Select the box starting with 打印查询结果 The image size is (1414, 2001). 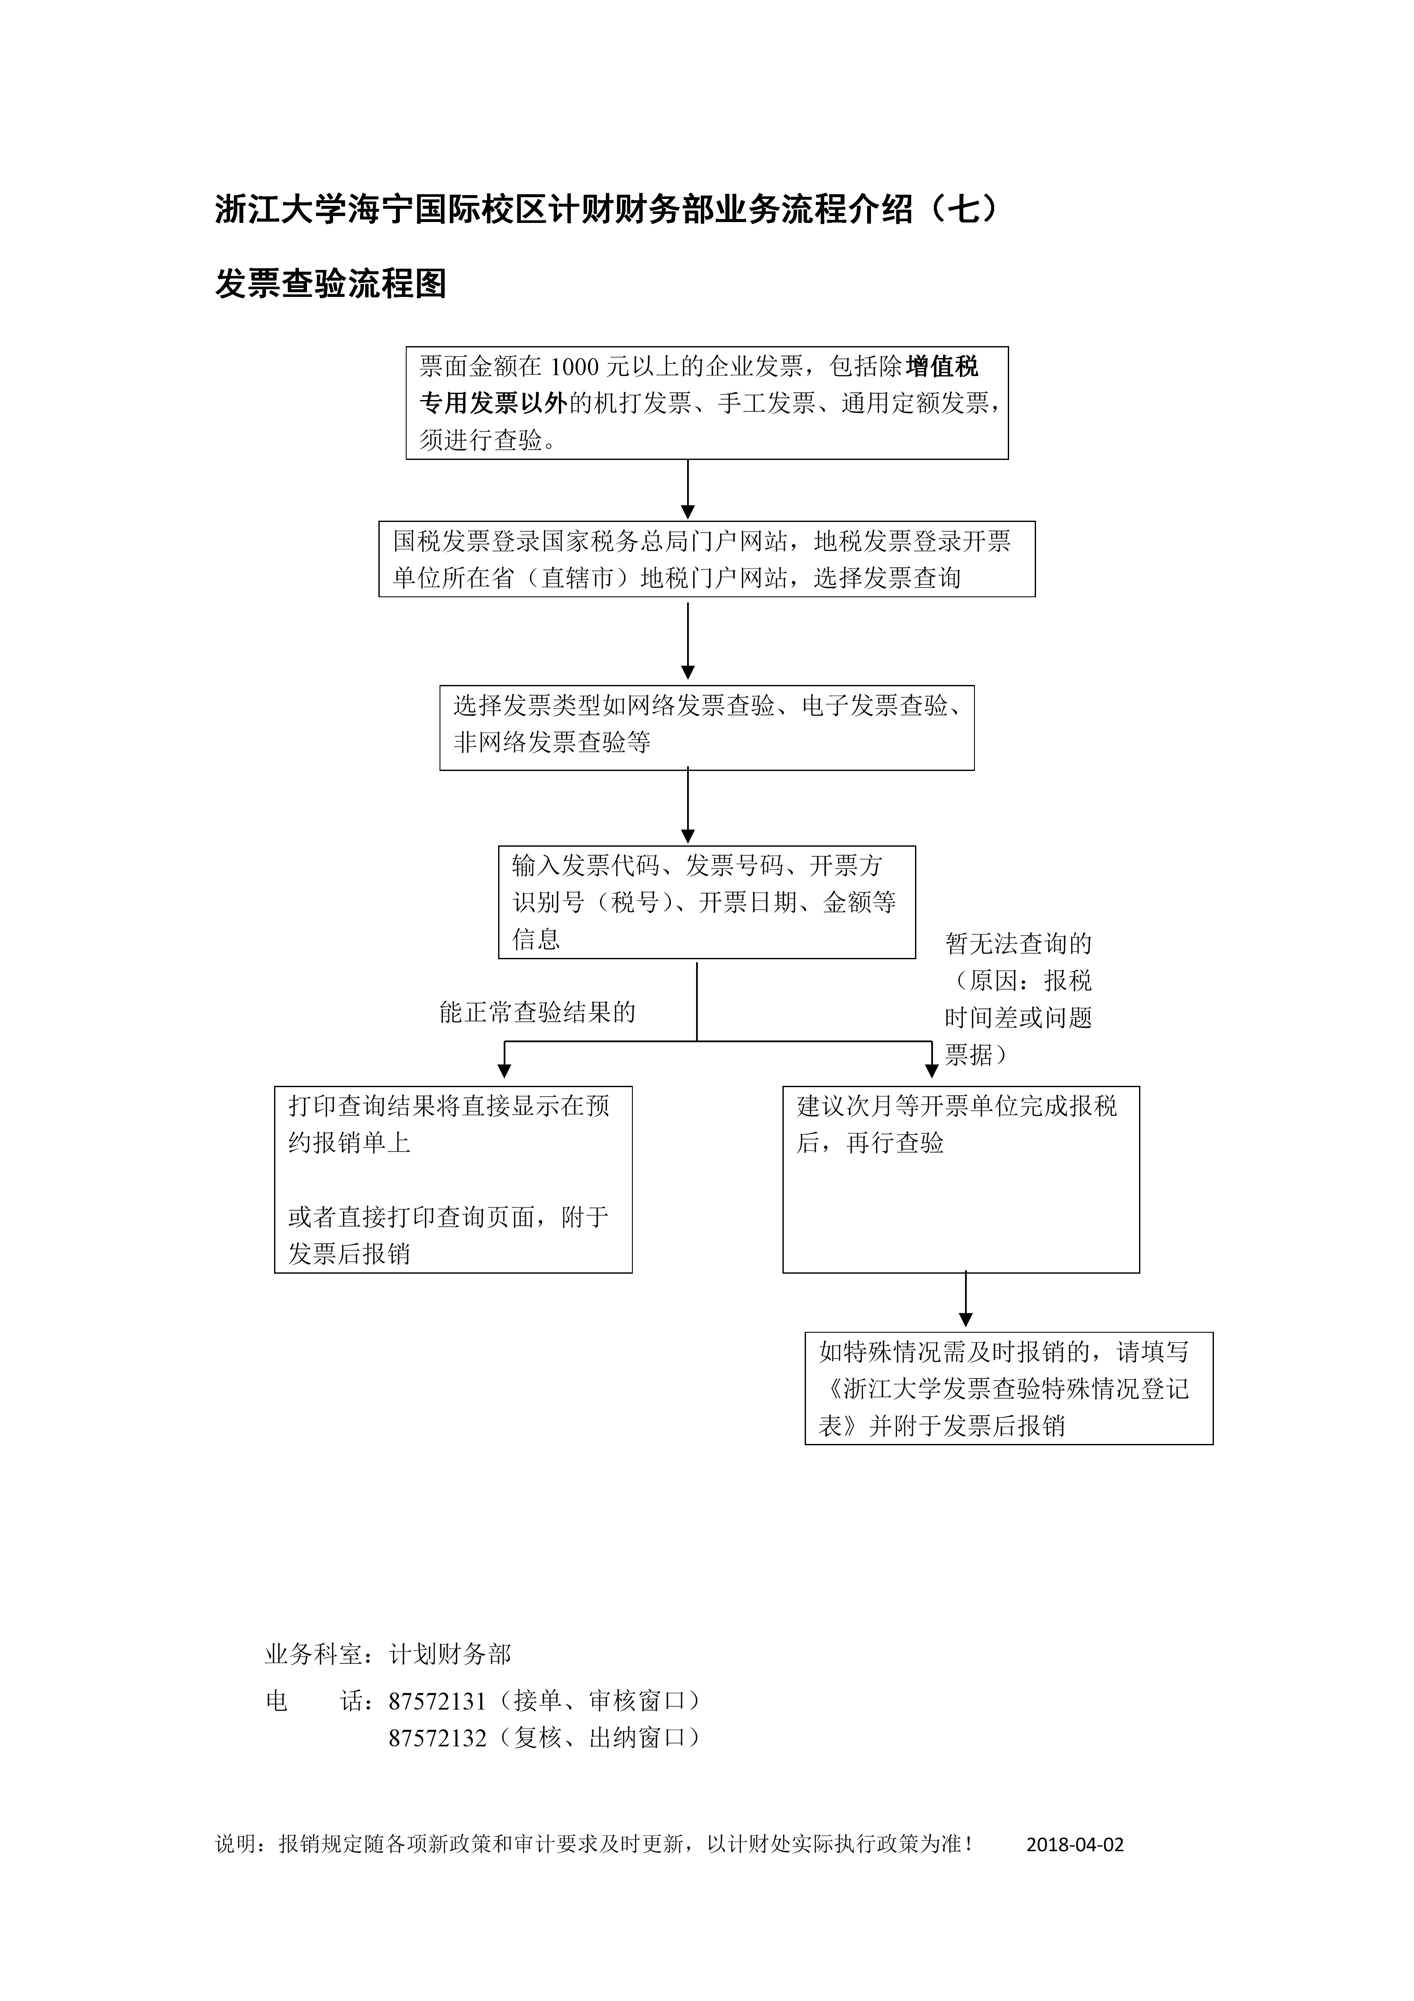(453, 1179)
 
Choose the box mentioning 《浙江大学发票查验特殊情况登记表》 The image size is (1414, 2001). (1008, 1388)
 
